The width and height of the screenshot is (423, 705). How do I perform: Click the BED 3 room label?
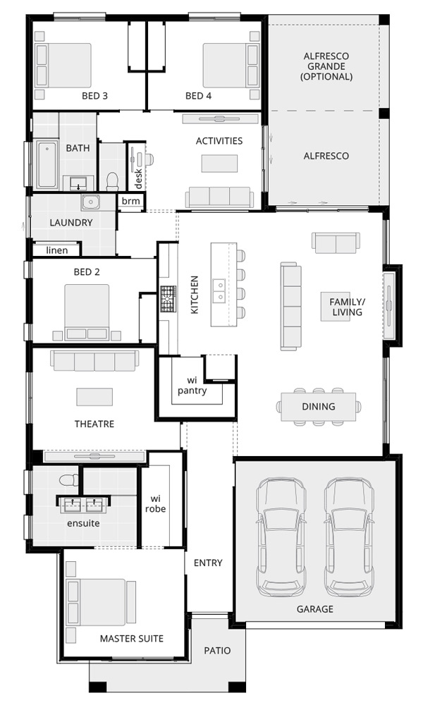pyautogui.click(x=94, y=96)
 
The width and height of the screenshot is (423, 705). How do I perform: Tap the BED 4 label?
pyautogui.click(x=198, y=96)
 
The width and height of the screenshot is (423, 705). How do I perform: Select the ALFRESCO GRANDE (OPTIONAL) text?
pyautogui.click(x=326, y=66)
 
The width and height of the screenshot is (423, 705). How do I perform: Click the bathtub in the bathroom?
pyautogui.click(x=47, y=164)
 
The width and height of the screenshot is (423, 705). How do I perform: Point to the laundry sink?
pyautogui.click(x=91, y=202)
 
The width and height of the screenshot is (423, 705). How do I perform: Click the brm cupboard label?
pyautogui.click(x=131, y=201)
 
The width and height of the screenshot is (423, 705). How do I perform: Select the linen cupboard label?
pyautogui.click(x=57, y=250)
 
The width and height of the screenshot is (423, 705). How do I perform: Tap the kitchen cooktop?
pyautogui.click(x=168, y=299)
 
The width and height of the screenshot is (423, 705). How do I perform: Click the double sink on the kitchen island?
pyautogui.click(x=219, y=291)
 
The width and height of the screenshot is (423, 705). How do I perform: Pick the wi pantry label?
pyautogui.click(x=192, y=386)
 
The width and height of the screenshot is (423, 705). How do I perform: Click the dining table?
pyautogui.click(x=318, y=407)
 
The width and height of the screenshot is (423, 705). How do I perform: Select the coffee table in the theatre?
pyautogui.click(x=94, y=396)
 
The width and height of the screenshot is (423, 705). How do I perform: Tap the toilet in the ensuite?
pyautogui.click(x=69, y=480)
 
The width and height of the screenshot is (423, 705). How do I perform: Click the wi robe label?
pyautogui.click(x=156, y=503)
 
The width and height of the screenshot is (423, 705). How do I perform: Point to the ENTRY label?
pyautogui.click(x=208, y=563)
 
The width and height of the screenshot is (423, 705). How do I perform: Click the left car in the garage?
pyautogui.click(x=281, y=537)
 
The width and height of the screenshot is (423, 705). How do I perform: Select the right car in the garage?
pyautogui.click(x=349, y=537)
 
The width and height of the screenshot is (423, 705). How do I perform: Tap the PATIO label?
pyautogui.click(x=218, y=651)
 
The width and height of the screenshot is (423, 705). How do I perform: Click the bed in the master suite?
pyautogui.click(x=96, y=602)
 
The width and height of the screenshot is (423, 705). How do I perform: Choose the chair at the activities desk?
pyautogui.click(x=148, y=159)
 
